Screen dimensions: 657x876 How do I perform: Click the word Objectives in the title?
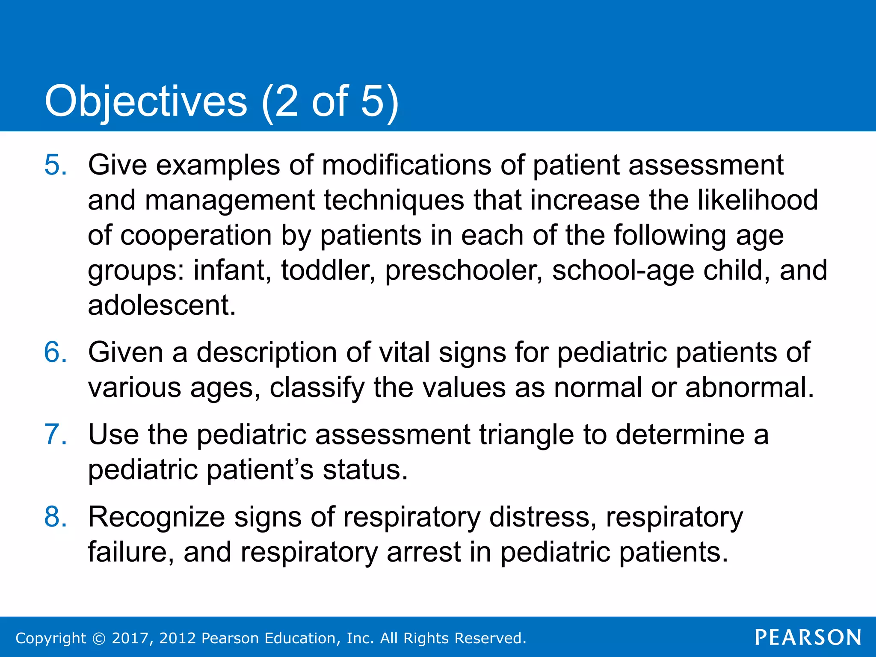[x=146, y=101]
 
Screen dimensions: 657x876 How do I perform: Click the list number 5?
[x=55, y=165]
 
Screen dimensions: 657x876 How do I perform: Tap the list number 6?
[x=55, y=352]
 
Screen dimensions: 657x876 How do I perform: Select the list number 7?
[x=55, y=435]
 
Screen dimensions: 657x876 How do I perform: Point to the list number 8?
[x=55, y=517]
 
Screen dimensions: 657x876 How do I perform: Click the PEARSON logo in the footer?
[x=808, y=638]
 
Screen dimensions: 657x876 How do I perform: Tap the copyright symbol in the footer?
[x=99, y=639]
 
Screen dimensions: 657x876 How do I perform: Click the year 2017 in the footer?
[x=130, y=638]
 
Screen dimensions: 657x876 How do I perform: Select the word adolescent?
[x=161, y=305]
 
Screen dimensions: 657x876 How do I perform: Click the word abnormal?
[x=749, y=388]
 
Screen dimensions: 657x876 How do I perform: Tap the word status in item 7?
[x=365, y=470]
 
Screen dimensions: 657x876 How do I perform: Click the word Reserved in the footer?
[x=490, y=638]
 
